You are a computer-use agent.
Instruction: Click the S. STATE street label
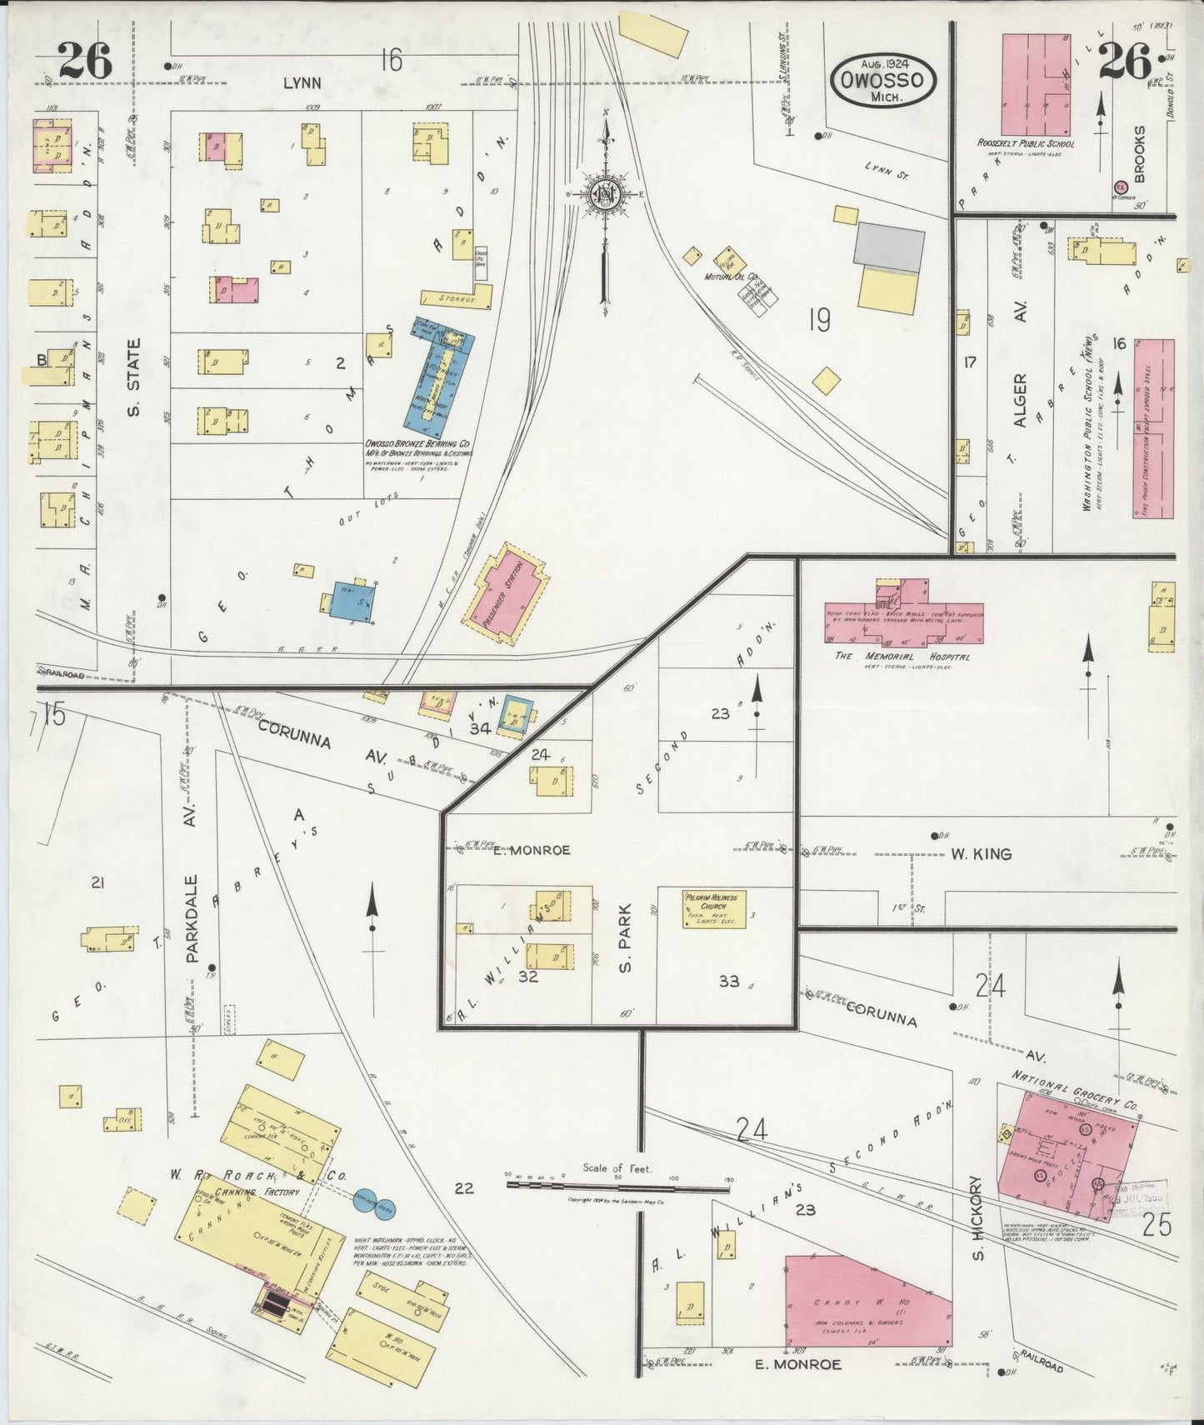click(x=134, y=365)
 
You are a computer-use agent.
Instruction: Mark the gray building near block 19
click(x=890, y=245)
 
